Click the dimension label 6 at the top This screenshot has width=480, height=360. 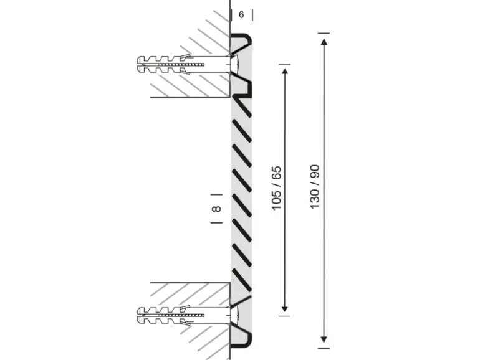pos(241,15)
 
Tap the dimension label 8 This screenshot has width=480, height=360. pos(216,209)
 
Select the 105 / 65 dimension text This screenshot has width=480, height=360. pos(276,188)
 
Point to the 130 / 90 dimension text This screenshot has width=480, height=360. pos(315,187)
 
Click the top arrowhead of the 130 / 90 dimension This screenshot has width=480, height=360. pos(324,41)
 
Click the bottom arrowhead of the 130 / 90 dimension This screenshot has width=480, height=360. pos(324,339)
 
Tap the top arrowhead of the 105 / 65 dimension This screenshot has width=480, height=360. pos(285,72)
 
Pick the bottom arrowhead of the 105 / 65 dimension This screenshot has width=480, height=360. pos(285,308)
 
